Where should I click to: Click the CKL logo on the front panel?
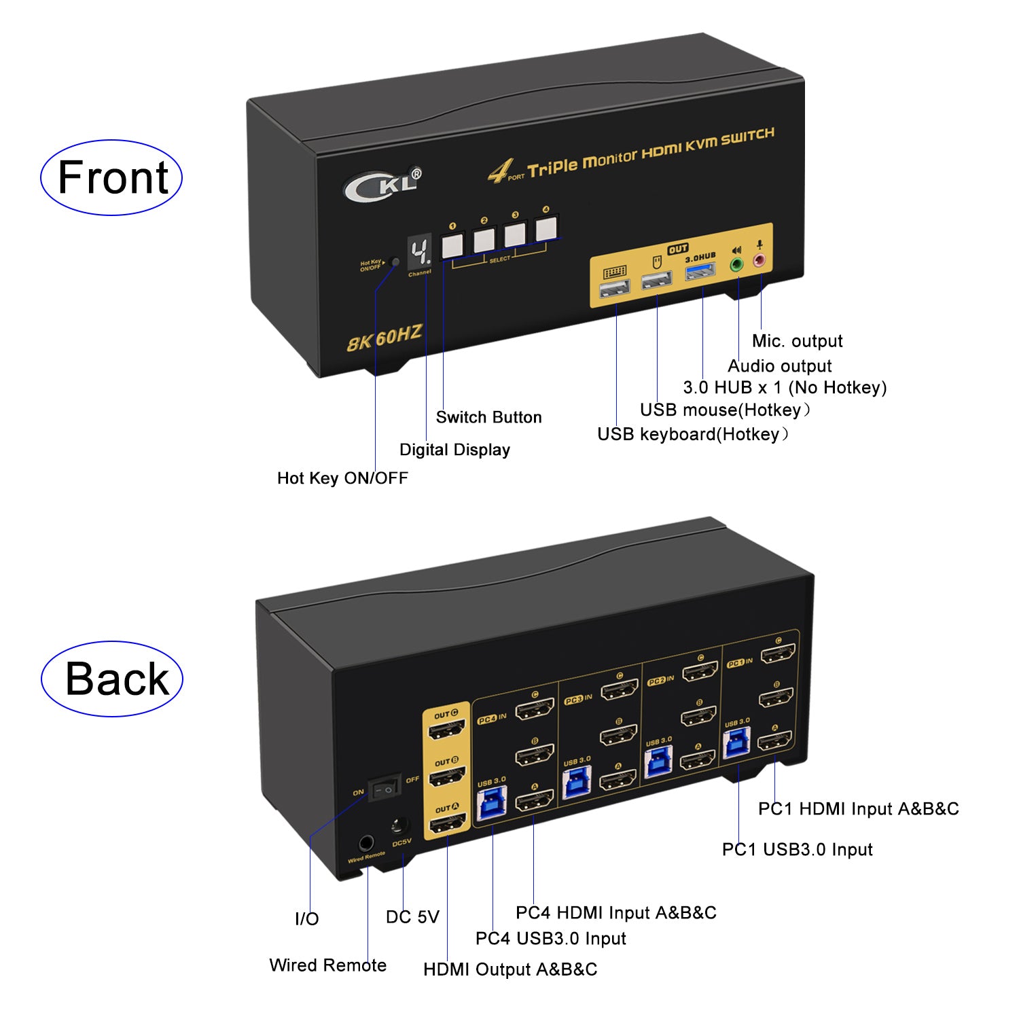[x=382, y=184]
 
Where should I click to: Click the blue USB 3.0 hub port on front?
[x=700, y=272]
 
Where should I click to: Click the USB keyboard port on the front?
[x=615, y=289]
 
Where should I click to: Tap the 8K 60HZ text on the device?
[x=385, y=338]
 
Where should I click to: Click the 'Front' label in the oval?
[x=112, y=178]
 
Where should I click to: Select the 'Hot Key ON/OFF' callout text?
[x=342, y=478]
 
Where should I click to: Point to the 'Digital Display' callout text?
[x=454, y=450]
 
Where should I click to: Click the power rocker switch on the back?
[x=385, y=789]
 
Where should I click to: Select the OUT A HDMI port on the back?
[x=446, y=824]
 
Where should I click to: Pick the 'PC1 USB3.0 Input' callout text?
[x=797, y=849]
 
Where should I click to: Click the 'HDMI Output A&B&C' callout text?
[x=510, y=969]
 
